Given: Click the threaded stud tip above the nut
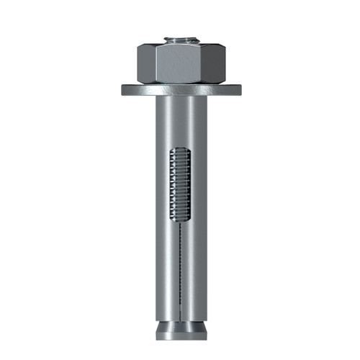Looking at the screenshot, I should click(x=180, y=40).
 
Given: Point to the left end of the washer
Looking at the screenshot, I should click(x=124, y=90).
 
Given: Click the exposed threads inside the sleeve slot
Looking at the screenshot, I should click(x=180, y=187).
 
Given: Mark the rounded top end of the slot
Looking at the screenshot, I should click(x=180, y=149).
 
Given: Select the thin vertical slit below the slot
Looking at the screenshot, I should click(x=180, y=266).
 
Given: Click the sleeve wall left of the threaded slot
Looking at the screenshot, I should click(x=163, y=187).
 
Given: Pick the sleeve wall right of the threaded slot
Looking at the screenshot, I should click(x=196, y=187).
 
